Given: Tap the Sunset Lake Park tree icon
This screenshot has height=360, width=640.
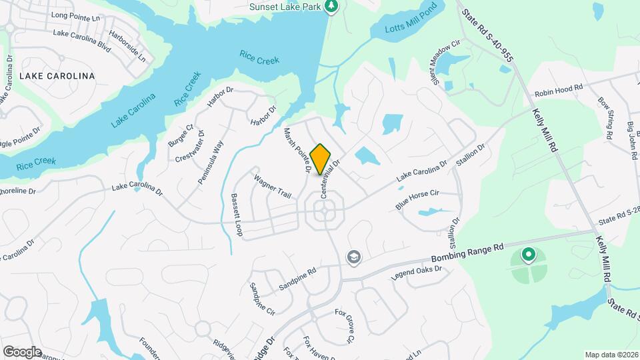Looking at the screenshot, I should [x=331, y=7].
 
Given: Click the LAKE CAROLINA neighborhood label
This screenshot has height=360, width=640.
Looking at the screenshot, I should [x=57, y=76].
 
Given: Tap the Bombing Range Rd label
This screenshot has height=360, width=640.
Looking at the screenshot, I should [x=467, y=253].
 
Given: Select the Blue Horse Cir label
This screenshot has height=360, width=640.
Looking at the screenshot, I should [x=417, y=199].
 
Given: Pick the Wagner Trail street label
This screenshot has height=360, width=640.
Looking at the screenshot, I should [x=273, y=187].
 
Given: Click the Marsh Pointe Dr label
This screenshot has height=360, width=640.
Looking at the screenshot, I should [x=298, y=151].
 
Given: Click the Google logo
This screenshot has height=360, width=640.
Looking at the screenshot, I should [x=21, y=351].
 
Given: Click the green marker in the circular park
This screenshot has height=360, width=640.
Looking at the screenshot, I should [x=528, y=255].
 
